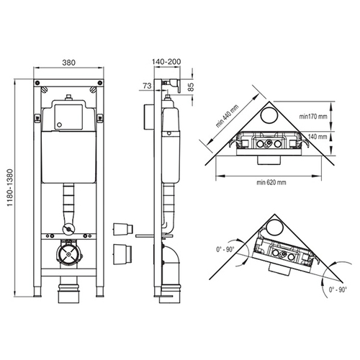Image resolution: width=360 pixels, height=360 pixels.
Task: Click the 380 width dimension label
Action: tap(68, 63)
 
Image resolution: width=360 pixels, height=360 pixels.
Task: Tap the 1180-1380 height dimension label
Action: tap(9, 188)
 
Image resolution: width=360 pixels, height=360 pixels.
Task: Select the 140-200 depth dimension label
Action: tap(166, 62)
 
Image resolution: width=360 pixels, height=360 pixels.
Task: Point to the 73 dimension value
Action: tap(147, 86)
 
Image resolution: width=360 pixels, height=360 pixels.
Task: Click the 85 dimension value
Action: tap(190, 87)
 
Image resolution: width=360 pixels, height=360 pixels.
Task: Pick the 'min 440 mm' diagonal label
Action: tap(227, 116)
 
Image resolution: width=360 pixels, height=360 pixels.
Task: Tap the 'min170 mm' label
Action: tap(313, 117)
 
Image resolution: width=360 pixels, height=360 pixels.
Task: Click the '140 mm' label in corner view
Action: tap(318, 137)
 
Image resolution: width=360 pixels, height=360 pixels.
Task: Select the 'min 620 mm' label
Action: tap(271, 182)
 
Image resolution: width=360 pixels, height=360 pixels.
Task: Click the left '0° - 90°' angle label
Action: tap(225, 249)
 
